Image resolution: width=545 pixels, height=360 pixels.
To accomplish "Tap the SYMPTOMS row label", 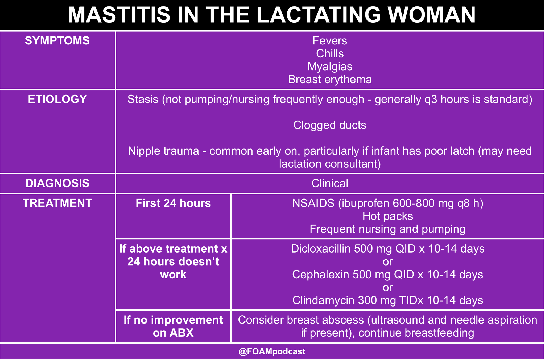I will click(57, 41).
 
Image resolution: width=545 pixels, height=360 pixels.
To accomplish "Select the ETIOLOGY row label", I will click(57, 99).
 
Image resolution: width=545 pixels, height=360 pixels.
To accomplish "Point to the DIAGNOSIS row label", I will click(57, 183).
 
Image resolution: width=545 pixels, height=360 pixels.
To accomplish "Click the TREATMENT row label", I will click(57, 203).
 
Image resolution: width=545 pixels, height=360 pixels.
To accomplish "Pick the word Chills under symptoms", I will click(330, 54).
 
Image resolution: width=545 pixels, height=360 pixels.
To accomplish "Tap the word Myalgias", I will click(330, 67).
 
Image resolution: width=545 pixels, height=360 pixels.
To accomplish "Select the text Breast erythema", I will click(330, 80).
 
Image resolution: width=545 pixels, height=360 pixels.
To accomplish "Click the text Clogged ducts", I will click(330, 125).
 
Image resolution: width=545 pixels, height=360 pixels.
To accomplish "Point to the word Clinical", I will click(330, 183).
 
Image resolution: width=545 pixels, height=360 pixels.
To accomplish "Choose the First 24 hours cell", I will click(173, 203).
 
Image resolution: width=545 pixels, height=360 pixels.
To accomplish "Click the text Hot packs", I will click(387, 216).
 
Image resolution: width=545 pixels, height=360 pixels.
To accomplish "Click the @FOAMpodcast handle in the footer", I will click(272, 351).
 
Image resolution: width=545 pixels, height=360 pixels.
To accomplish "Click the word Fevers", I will click(330, 41).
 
